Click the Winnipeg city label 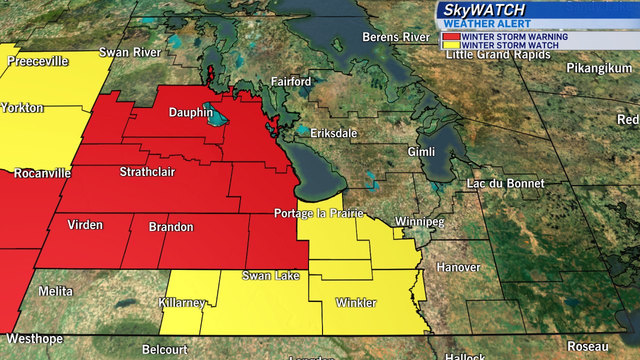[419, 222]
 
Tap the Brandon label [171, 227]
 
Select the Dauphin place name [190, 112]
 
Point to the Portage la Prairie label [318, 213]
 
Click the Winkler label [356, 302]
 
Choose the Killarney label [181, 303]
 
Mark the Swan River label [130, 52]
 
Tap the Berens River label [396, 37]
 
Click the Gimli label [421, 151]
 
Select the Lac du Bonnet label [505, 183]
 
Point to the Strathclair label [147, 172]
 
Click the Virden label [85, 224]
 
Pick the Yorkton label [22, 108]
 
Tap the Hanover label [458, 267]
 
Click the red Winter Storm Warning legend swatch [450, 36]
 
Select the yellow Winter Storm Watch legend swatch [450, 45]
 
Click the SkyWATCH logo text [484, 10]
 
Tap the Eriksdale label [333, 133]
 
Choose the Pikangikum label [599, 68]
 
